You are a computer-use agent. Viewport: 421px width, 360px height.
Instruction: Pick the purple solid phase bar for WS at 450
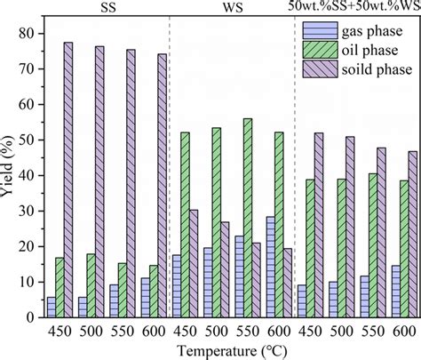(194, 263)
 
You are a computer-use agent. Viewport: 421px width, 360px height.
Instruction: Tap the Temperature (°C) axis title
(229, 350)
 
